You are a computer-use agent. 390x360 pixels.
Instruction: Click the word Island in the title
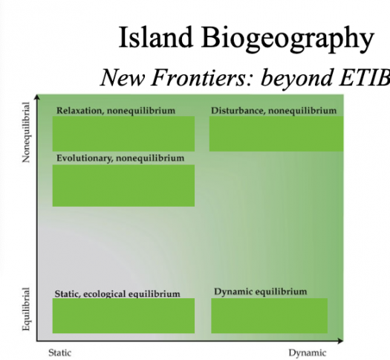[x=156, y=37]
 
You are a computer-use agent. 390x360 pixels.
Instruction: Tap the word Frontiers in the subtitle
[x=202, y=77]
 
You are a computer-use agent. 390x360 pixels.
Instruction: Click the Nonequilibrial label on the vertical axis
[x=26, y=132]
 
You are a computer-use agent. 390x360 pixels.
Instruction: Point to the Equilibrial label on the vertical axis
[x=26, y=309]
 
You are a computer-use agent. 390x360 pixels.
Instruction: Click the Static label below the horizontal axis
[x=59, y=353]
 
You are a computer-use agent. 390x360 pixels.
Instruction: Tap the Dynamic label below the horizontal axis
[x=308, y=353]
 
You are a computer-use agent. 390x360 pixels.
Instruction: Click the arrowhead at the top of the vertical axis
[x=37, y=97]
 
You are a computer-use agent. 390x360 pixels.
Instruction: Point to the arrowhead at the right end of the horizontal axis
[x=340, y=341]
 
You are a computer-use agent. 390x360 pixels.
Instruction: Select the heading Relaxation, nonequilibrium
[x=116, y=111]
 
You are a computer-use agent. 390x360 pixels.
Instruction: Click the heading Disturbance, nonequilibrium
[x=274, y=111]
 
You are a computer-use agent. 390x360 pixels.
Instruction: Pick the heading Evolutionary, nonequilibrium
[x=120, y=158]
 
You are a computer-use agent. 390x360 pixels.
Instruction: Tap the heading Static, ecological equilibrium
[x=117, y=294]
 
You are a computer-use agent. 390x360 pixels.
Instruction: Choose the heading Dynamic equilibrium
[x=261, y=292]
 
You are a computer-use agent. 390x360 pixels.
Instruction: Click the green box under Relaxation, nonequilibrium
[x=123, y=134]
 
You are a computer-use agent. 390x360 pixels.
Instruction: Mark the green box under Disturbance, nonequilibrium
[x=276, y=134]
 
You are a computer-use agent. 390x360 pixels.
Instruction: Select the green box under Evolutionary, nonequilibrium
[x=123, y=185]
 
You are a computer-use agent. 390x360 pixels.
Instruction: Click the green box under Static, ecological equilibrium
[x=123, y=315]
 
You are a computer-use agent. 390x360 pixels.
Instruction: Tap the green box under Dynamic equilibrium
[x=270, y=315]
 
